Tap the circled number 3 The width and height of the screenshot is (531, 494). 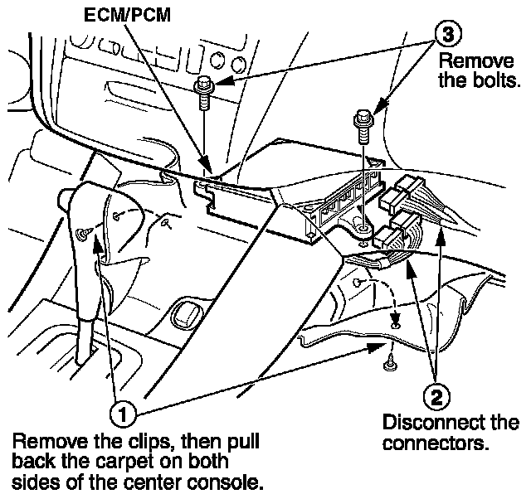(448, 35)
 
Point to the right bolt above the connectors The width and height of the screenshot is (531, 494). (361, 119)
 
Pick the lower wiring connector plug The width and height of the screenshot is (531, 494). (397, 229)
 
